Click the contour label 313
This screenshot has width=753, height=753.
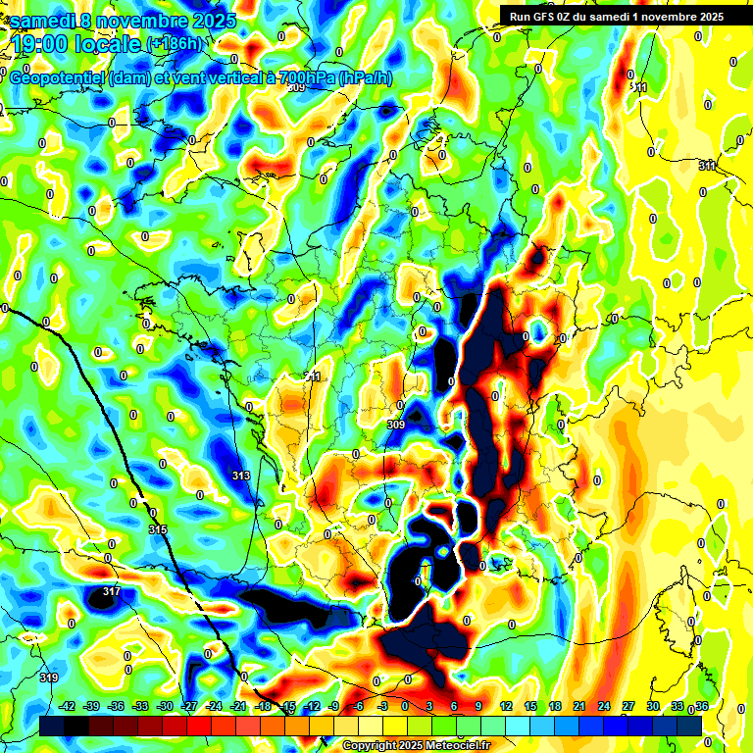coord(241,476)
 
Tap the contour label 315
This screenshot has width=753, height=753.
coord(158,529)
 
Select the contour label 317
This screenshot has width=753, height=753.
coord(111,591)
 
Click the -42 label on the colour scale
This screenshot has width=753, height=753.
coord(69,706)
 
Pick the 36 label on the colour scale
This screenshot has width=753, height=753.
coord(702,706)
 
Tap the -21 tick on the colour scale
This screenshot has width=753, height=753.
coord(238,706)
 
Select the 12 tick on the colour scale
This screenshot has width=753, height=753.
coord(506,706)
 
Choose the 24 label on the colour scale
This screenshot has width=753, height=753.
coord(601,706)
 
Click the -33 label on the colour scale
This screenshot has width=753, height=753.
coord(141,706)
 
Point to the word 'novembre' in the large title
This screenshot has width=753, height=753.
coord(141,21)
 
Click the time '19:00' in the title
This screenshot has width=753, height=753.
coord(42,44)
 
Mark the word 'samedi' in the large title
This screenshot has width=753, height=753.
coord(40,21)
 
